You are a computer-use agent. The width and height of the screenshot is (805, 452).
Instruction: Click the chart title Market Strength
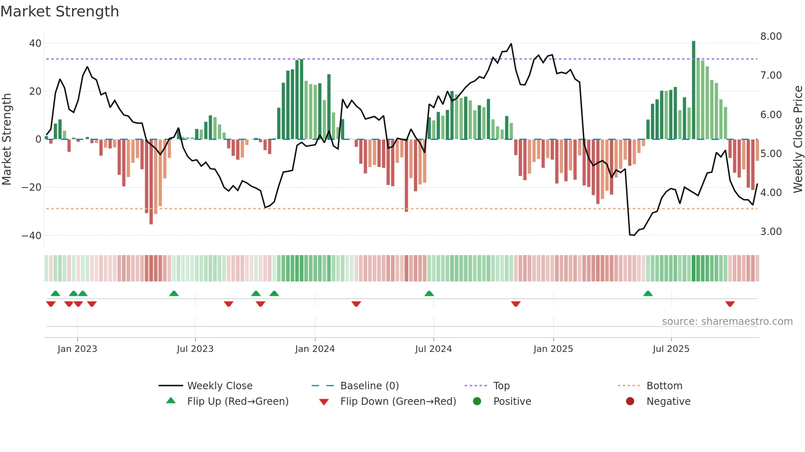[60, 11]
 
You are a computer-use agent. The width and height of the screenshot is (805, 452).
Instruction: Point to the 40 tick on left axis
[35, 43]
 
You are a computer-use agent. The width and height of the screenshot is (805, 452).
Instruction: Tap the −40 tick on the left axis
[32, 236]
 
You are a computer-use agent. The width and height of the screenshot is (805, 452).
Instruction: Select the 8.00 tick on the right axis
[771, 37]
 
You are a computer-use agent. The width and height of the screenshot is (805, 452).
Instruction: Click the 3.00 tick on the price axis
[771, 232]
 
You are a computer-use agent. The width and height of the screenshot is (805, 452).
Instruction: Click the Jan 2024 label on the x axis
[315, 349]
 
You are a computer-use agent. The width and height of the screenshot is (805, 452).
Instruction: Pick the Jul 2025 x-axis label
[671, 349]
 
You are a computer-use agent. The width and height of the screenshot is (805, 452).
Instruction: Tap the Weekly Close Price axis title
[798, 139]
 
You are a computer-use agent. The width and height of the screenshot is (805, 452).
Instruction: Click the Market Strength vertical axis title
[7, 139]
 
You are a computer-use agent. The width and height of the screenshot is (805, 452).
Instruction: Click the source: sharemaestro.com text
[727, 322]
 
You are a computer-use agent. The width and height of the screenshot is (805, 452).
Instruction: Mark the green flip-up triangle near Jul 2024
[429, 294]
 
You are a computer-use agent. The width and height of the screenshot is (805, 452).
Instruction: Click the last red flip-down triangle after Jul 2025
[730, 304]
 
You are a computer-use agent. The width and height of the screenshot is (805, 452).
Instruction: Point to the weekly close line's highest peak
[511, 44]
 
